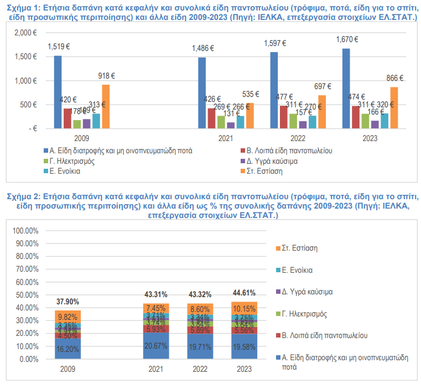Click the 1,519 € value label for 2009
pyautogui.click(x=58, y=46)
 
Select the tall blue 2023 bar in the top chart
pyautogui.click(x=346, y=89)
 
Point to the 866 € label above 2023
pyautogui.click(x=394, y=78)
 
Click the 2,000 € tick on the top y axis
pyautogui.click(x=26, y=33)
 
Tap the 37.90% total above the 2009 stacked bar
pyautogui.click(x=67, y=302)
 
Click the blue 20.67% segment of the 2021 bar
pyautogui.click(x=155, y=345)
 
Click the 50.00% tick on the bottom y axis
pyautogui.click(x=25, y=295)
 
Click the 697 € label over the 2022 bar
pyautogui.click(x=322, y=86)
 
